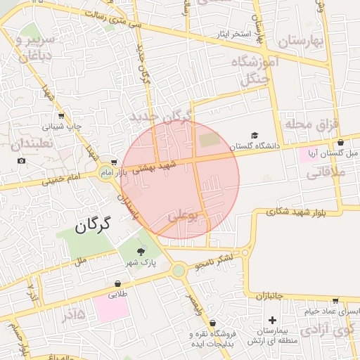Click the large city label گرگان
pos(92,226)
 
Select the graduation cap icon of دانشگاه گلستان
pos(254,135)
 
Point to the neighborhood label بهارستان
pos(298,41)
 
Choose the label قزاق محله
pos(311,124)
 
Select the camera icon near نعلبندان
pos(22,161)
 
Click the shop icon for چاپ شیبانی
pos(61,117)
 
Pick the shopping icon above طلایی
pos(117,284)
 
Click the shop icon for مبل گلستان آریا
pos(341,142)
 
